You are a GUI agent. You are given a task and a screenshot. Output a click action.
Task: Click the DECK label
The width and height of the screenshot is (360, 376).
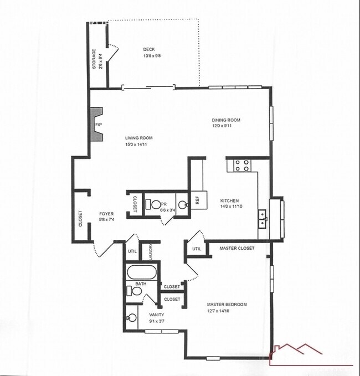point(149,49)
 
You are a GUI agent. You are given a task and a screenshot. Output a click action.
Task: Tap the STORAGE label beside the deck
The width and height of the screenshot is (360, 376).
point(94,59)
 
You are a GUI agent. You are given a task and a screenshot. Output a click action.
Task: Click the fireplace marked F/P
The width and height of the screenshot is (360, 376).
point(96,124)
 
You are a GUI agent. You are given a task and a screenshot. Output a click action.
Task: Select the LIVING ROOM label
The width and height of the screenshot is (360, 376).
point(138,138)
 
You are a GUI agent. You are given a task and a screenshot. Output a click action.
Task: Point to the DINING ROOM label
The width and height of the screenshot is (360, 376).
point(226,120)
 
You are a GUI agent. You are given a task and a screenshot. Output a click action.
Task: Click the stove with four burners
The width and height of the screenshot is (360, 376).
point(241,164)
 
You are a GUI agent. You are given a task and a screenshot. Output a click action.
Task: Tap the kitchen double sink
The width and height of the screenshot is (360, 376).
point(264,219)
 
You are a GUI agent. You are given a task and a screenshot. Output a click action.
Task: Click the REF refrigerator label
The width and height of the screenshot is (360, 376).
point(196,200)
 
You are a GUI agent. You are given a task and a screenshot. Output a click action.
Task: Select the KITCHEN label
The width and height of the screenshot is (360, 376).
point(229,201)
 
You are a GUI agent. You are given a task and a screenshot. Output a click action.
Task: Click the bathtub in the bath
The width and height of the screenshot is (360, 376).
point(142,272)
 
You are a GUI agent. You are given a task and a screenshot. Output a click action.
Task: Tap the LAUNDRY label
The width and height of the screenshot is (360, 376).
point(150,251)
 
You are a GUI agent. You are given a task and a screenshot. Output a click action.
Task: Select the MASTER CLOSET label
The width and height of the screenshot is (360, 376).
point(236,248)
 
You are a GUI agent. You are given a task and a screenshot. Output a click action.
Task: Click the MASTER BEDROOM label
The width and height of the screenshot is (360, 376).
point(227,304)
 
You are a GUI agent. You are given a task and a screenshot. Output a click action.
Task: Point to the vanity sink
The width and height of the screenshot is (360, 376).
point(132,318)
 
